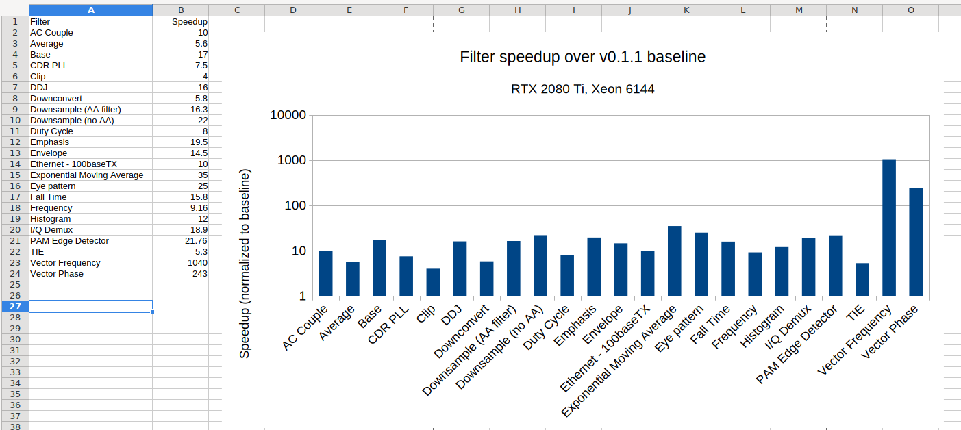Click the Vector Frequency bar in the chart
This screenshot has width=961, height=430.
tap(889, 228)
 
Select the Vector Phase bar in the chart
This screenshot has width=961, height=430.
tap(916, 242)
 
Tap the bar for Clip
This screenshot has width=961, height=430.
tap(433, 283)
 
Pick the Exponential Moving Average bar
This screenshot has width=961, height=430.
tap(675, 262)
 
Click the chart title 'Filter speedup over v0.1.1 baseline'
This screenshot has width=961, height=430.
tap(582, 57)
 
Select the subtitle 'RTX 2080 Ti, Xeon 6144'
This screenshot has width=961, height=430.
tap(582, 89)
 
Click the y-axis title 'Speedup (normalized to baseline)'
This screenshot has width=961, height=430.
tap(245, 264)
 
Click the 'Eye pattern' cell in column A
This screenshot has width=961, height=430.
tap(53, 186)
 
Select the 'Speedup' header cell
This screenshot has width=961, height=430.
tap(189, 22)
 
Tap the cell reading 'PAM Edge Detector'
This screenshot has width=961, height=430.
tap(69, 241)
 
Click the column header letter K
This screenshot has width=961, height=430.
tap(686, 10)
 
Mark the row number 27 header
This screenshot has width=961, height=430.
tap(14, 307)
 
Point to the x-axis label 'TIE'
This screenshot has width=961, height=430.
tap(856, 315)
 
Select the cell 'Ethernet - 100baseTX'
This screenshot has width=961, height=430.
tap(73, 164)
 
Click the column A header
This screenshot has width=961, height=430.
tap(91, 10)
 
